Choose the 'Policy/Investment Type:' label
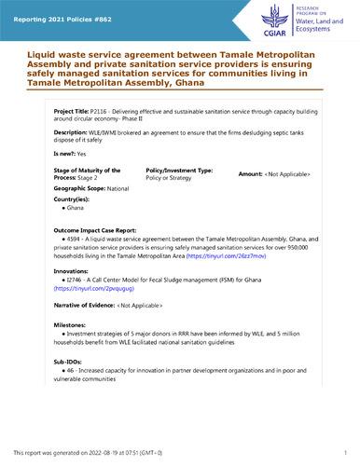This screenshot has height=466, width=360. point(179,171)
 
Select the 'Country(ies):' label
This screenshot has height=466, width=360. point(73,199)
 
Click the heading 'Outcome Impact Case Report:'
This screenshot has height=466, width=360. point(96,229)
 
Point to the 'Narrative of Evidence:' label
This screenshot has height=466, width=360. point(84,305)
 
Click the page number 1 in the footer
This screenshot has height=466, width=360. point(344,452)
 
